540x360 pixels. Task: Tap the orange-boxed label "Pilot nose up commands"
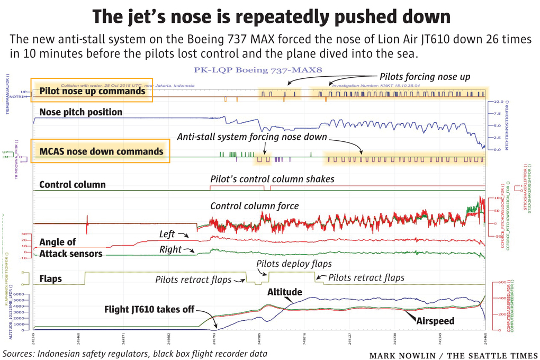click(x=92, y=91)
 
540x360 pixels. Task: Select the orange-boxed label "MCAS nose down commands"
click(x=101, y=151)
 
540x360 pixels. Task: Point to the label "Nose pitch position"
click(x=81, y=112)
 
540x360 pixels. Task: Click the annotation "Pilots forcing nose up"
click(x=425, y=77)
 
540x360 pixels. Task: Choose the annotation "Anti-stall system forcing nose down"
click(x=251, y=137)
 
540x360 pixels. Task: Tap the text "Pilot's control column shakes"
click(x=272, y=179)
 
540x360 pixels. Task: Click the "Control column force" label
click(x=255, y=206)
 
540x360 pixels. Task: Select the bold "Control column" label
click(x=73, y=185)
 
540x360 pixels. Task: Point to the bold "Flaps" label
click(x=50, y=278)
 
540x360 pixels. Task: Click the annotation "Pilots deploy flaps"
click(x=294, y=264)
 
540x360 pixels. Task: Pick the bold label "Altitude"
click(x=285, y=292)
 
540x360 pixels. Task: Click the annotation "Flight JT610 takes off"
click(x=149, y=309)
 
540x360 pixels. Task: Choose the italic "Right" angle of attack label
click(x=170, y=249)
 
